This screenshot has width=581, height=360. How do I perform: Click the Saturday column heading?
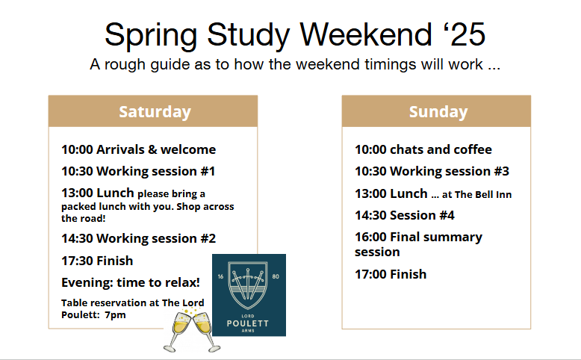(155, 112)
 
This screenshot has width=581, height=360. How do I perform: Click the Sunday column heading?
(438, 112)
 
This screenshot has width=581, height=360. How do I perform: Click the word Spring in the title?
(151, 36)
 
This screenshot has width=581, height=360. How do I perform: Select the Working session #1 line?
(138, 171)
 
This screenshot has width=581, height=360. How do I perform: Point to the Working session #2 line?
(139, 238)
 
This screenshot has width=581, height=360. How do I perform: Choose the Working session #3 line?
(432, 171)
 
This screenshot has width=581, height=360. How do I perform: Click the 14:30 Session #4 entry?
(405, 215)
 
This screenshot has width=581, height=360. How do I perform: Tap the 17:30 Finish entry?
(97, 261)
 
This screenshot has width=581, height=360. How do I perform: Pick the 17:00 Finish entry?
(391, 274)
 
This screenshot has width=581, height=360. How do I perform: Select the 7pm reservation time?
(115, 315)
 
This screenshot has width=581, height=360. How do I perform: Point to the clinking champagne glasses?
(192, 331)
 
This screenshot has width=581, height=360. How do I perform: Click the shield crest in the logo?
(248, 285)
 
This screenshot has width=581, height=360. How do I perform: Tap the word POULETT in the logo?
(248, 323)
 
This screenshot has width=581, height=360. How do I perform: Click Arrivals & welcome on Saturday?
(156, 149)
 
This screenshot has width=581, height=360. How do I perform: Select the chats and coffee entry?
(441, 149)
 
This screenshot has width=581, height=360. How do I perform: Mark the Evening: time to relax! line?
(131, 282)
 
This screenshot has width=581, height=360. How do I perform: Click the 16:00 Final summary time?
(371, 237)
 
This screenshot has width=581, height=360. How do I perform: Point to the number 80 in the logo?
(276, 276)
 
